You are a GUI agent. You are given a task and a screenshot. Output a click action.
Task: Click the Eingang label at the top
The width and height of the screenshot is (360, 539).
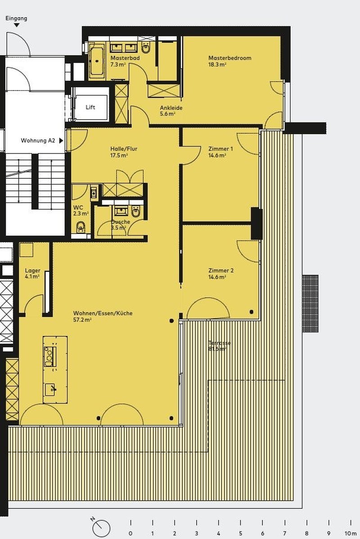click(x=16, y=18)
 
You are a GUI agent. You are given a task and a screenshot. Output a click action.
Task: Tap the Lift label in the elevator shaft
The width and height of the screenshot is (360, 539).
click(x=90, y=107)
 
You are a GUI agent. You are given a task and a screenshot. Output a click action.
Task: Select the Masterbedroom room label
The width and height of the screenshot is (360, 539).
click(x=229, y=58)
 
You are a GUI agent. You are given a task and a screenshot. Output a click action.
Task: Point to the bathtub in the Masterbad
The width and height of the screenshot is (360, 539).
click(x=97, y=60)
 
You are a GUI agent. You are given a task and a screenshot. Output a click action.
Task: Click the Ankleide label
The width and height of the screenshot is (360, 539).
click(x=171, y=108)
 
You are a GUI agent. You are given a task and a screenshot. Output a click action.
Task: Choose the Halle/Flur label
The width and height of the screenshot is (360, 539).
click(x=124, y=149)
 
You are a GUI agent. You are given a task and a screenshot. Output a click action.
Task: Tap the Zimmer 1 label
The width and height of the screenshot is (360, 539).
click(x=220, y=149)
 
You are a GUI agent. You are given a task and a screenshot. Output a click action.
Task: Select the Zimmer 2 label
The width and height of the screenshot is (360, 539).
click(x=220, y=271)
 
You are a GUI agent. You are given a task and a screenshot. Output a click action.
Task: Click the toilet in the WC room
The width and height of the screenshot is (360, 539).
click(x=81, y=226)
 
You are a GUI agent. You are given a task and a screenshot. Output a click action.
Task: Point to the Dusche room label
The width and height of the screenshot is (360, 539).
click(x=121, y=222)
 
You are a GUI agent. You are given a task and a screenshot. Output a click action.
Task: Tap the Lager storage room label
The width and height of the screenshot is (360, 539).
click(x=32, y=271)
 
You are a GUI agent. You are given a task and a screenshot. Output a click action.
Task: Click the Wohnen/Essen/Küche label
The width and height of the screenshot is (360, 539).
click(x=103, y=313)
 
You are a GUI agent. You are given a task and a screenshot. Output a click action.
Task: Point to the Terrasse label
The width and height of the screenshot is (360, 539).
click(x=220, y=343)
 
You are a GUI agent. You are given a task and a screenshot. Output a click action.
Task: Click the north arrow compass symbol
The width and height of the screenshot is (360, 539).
click(x=102, y=527)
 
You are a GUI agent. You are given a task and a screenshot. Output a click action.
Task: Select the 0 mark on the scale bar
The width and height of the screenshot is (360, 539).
click(x=130, y=533)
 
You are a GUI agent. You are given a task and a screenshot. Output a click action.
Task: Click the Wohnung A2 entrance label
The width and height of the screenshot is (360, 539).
click(x=38, y=140)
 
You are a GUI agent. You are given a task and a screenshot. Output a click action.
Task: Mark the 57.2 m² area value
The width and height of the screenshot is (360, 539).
click(x=82, y=320)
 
